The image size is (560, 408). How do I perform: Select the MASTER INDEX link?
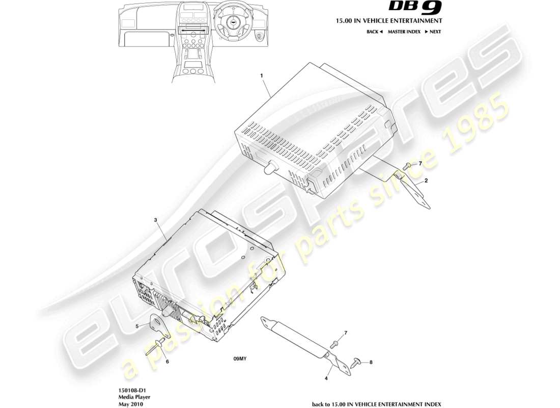pyautogui.click(x=404, y=32)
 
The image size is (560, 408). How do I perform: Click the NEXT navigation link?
pyautogui.click(x=433, y=32)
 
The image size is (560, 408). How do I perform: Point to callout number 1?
pyautogui.click(x=262, y=75)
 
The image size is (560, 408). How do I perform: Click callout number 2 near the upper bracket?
pyautogui.click(x=426, y=181)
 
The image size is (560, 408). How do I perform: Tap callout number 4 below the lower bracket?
pyautogui.click(x=326, y=378)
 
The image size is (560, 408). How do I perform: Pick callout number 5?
pyautogui.click(x=137, y=325)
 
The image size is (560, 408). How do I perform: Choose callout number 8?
pyautogui.click(x=371, y=363)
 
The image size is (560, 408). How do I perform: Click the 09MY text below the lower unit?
pyautogui.click(x=240, y=359)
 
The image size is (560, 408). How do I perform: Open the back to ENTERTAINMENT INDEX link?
pyautogui.click(x=376, y=404)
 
